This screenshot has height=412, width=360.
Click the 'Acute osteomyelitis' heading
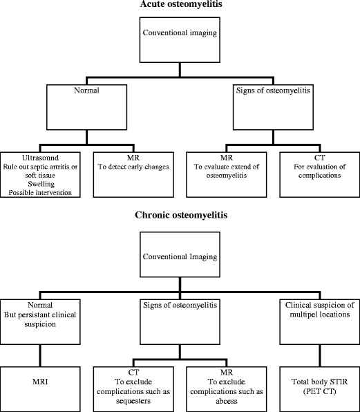pos(180,6)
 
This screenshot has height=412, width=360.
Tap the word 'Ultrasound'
pos(23,158)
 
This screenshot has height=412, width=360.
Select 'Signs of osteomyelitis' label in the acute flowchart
pos(270,89)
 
